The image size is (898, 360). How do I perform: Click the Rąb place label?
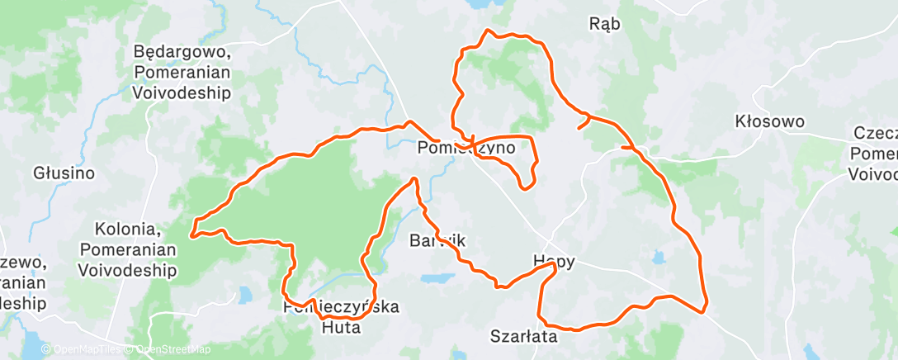605,24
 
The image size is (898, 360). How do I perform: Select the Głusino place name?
64,173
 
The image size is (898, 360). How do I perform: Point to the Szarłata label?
522,336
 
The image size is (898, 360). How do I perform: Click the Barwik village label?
438,241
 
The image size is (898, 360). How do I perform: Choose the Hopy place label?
553,261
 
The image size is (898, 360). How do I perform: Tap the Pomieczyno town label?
466,149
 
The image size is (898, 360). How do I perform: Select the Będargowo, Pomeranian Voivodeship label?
182,73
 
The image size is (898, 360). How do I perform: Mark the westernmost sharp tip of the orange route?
192,235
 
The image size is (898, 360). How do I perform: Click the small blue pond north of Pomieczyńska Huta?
245,293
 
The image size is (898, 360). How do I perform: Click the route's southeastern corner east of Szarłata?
705,310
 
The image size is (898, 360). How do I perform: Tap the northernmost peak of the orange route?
490,31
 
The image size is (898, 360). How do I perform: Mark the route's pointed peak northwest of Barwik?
413,178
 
